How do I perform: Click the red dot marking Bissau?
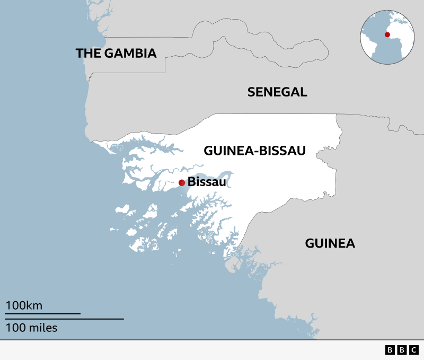(x=182, y=183)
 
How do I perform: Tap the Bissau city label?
(x=207, y=183)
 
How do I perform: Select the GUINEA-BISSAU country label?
(x=254, y=151)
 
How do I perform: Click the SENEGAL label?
(x=277, y=92)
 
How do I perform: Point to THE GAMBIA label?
(x=116, y=53)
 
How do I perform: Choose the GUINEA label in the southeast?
(x=330, y=243)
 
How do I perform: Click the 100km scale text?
(x=24, y=305)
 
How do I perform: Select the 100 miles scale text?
(x=31, y=328)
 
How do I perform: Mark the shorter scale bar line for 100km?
(x=43, y=314)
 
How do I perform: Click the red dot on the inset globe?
(x=387, y=35)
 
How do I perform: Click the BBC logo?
(x=402, y=350)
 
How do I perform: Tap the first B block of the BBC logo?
(x=391, y=350)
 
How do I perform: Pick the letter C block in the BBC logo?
(x=414, y=350)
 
